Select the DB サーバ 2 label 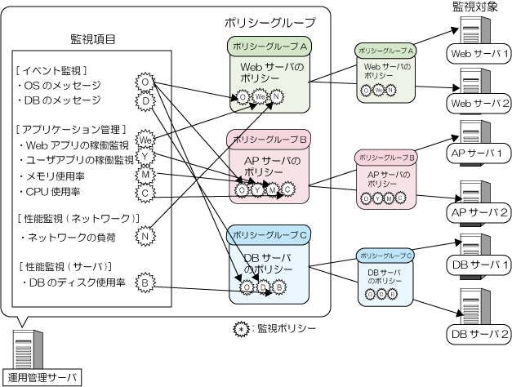(479, 335)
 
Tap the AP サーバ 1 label (478, 153)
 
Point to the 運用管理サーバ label (41, 377)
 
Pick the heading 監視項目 (92, 38)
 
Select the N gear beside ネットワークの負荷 (145, 237)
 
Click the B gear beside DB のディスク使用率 (145, 282)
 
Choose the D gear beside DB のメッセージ (145, 100)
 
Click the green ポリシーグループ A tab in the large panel (266, 46)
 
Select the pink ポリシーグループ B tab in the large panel (266, 140)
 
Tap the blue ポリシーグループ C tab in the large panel (266, 236)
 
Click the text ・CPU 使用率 (48, 192)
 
